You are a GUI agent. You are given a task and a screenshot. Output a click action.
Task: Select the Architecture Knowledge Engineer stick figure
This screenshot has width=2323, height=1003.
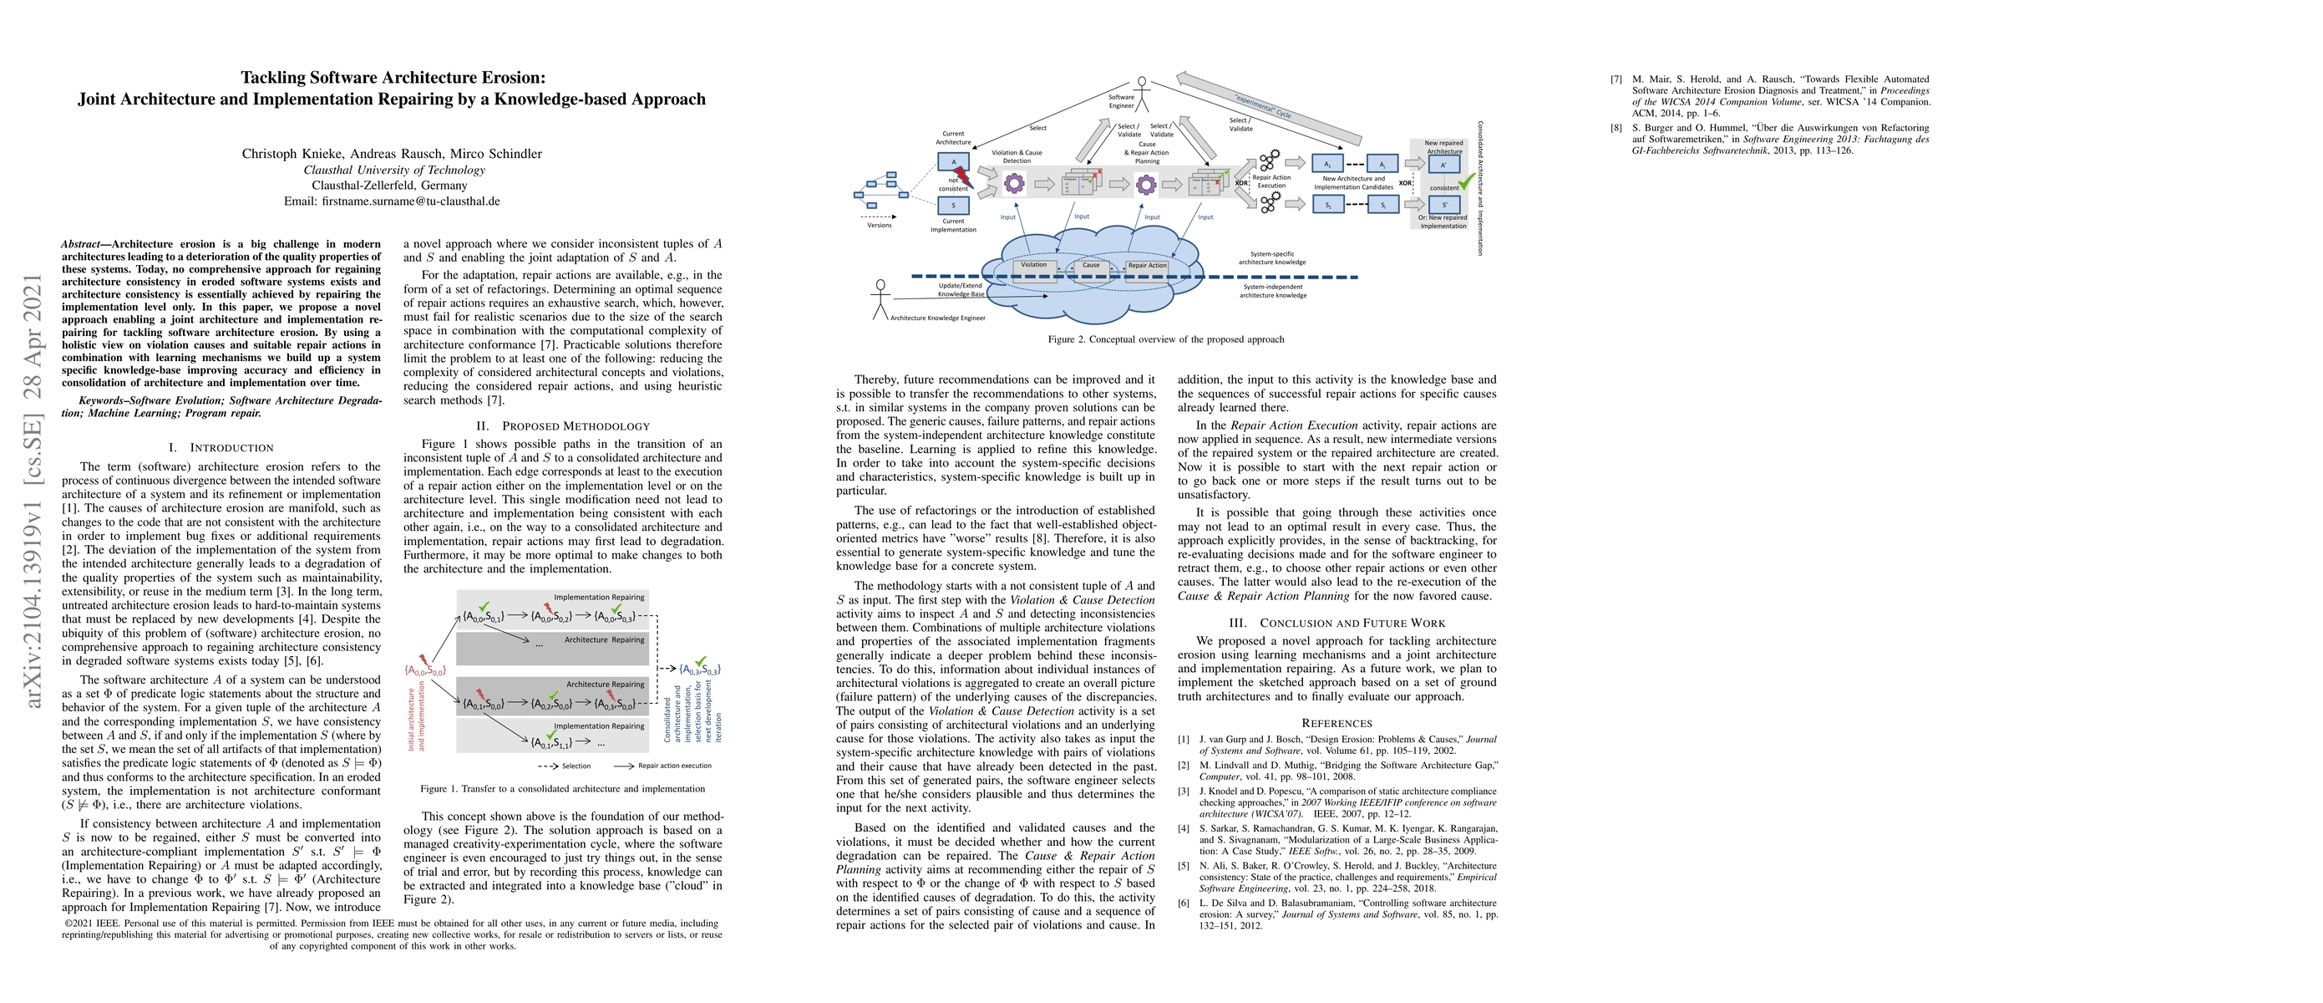880,298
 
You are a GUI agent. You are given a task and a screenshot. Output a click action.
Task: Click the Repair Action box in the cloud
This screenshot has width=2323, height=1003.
1147,267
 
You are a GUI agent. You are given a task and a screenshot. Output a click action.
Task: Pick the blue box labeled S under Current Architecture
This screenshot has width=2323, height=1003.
953,206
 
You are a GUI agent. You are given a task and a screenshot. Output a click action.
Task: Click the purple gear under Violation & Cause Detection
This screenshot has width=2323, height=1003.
1015,184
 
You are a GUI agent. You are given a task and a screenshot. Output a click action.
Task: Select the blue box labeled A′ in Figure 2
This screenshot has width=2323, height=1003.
1443,165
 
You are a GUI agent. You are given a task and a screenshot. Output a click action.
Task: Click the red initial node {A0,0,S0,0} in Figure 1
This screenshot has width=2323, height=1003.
424,670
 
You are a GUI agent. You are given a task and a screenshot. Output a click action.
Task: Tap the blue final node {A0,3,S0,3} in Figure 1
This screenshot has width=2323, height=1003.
700,670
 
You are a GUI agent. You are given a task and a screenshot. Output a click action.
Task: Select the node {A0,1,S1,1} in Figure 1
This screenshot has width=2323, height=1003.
551,742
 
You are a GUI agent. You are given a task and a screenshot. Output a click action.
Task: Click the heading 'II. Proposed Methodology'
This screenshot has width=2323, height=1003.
563,425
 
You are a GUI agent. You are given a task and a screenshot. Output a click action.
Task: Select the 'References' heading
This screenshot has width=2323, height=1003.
1336,722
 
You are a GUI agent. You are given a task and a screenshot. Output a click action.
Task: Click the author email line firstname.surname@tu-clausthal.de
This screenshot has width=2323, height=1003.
393,201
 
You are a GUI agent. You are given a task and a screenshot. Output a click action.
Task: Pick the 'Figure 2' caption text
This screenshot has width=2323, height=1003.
1165,339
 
